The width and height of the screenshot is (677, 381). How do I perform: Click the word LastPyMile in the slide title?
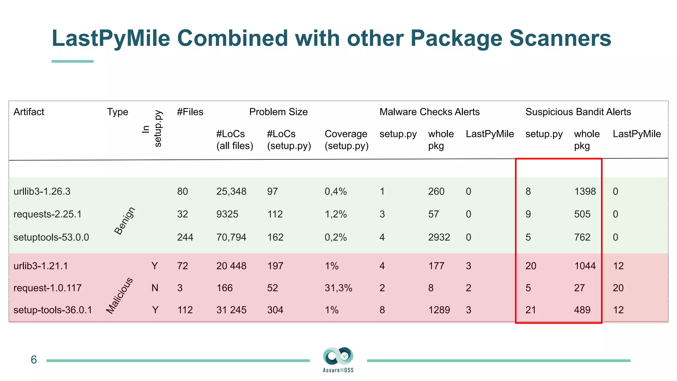click(111, 38)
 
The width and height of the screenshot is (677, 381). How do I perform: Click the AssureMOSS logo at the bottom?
click(338, 359)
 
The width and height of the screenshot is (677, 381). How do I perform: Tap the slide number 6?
click(34, 360)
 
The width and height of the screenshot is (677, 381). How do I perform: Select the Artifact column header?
click(29, 112)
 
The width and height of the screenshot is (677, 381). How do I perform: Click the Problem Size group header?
click(278, 112)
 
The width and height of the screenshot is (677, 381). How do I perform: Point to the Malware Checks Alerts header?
click(429, 112)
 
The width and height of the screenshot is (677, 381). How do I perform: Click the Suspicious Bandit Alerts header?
click(578, 112)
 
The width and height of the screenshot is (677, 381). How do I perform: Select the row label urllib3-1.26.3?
click(42, 191)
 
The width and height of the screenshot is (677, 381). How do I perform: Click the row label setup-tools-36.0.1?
click(53, 310)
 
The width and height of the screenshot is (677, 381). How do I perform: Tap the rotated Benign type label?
click(125, 221)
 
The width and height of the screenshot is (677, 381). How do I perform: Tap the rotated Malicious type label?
click(119, 295)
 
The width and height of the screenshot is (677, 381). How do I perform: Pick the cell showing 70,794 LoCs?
click(231, 237)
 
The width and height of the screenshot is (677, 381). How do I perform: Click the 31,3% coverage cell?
click(338, 288)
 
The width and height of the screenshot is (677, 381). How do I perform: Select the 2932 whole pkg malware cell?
click(439, 237)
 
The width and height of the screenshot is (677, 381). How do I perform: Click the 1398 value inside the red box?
click(585, 191)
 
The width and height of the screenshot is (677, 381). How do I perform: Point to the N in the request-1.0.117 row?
click(155, 288)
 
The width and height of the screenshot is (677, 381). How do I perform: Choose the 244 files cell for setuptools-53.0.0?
click(185, 237)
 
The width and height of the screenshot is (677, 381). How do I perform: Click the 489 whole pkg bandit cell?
click(582, 310)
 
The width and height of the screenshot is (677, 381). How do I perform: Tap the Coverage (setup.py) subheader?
click(346, 140)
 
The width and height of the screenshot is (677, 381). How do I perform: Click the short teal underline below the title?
click(72, 61)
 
